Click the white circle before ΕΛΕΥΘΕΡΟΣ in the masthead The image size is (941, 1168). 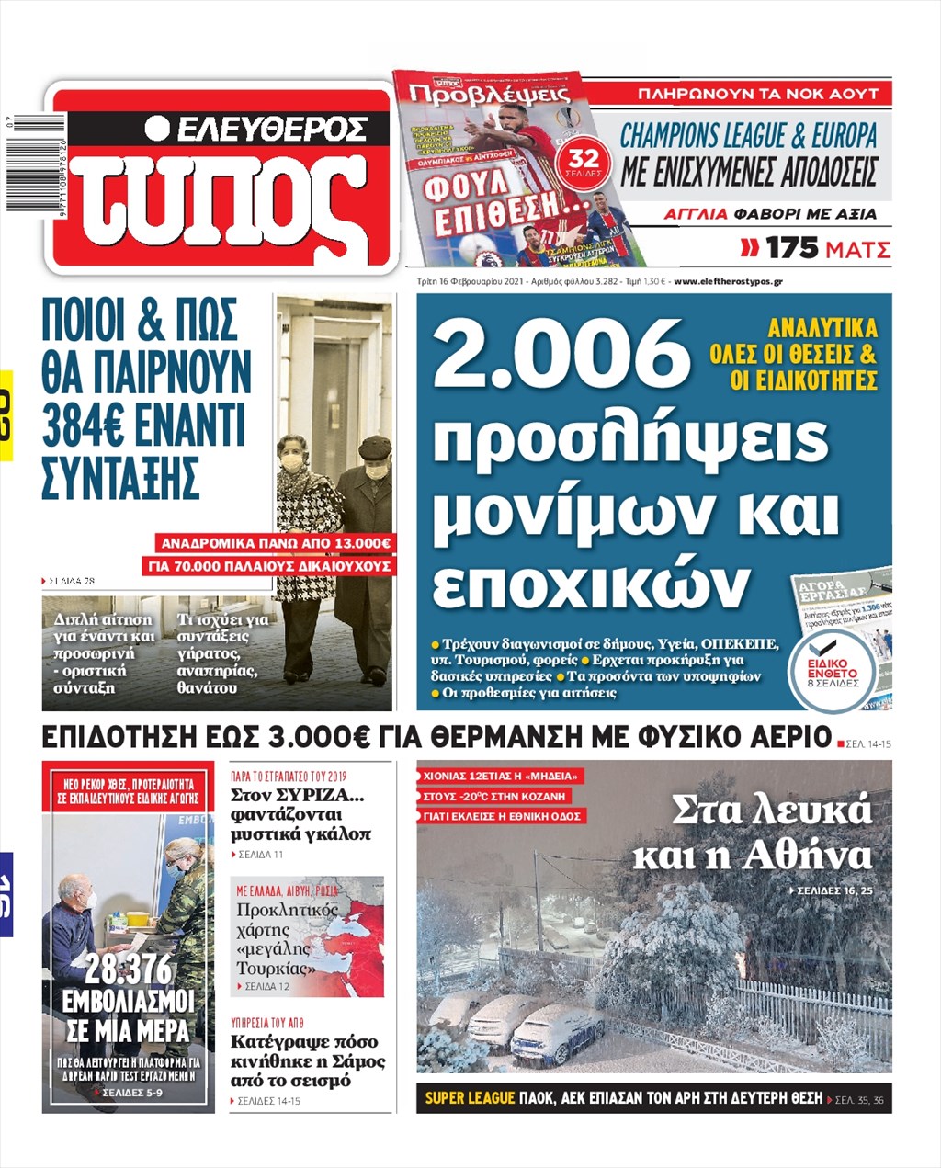point(157,129)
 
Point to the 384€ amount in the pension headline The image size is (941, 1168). point(86,425)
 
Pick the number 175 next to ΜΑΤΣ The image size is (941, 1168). point(792,248)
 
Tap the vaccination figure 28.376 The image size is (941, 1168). point(129,970)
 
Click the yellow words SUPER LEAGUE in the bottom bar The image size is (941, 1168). point(469,1098)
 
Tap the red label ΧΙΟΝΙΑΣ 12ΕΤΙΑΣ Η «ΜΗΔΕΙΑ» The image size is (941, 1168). point(501,776)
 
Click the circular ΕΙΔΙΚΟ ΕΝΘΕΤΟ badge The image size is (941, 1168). point(833,671)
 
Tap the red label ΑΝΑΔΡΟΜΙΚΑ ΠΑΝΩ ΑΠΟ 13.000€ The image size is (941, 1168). point(276,544)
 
